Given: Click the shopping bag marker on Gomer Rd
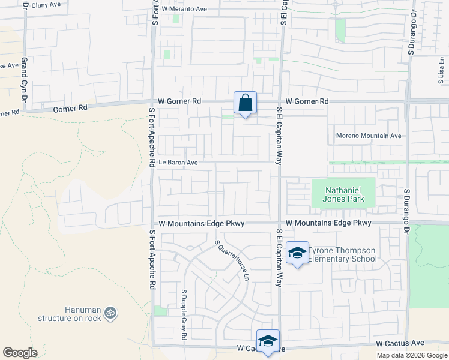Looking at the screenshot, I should (246, 103).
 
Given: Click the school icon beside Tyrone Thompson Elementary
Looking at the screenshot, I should (297, 253).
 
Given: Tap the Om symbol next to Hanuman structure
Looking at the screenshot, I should (110, 313).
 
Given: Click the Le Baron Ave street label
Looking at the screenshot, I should (178, 162).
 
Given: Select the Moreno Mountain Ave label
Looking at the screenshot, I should (368, 136).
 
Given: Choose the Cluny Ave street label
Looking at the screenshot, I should (47, 5).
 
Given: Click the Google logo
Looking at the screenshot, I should (20, 353).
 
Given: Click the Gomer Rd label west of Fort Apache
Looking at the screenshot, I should (70, 109).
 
